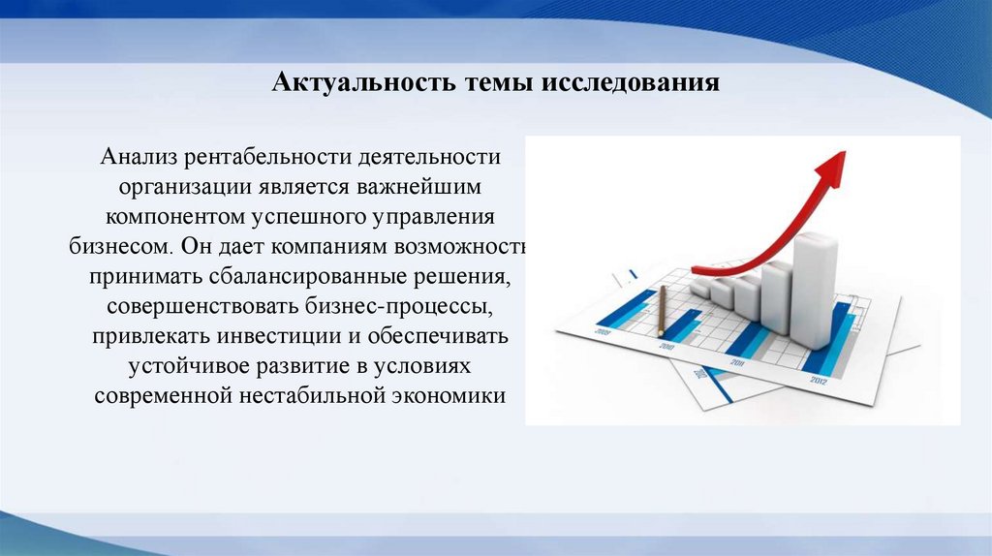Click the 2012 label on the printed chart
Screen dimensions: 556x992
pos(818,379)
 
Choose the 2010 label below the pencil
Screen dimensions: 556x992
pos(666,344)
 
